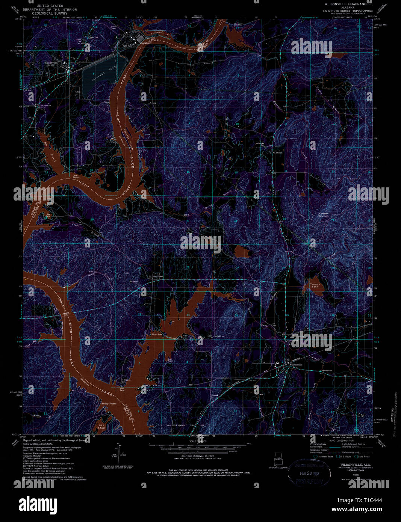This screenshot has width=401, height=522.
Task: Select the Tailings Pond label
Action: click(x=99, y=73)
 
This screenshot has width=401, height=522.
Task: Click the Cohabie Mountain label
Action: click(x=323, y=215)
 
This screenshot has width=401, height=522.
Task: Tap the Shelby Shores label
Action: click(x=109, y=403)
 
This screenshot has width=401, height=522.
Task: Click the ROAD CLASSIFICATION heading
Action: click(x=332, y=441)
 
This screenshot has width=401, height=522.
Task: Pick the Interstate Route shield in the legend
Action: click(x=316, y=457)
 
